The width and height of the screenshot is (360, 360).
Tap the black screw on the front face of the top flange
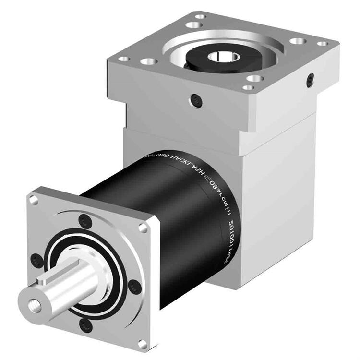point(196,99)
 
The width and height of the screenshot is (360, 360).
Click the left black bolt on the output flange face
point(36,260)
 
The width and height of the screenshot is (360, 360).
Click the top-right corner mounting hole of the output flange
point(143,228)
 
